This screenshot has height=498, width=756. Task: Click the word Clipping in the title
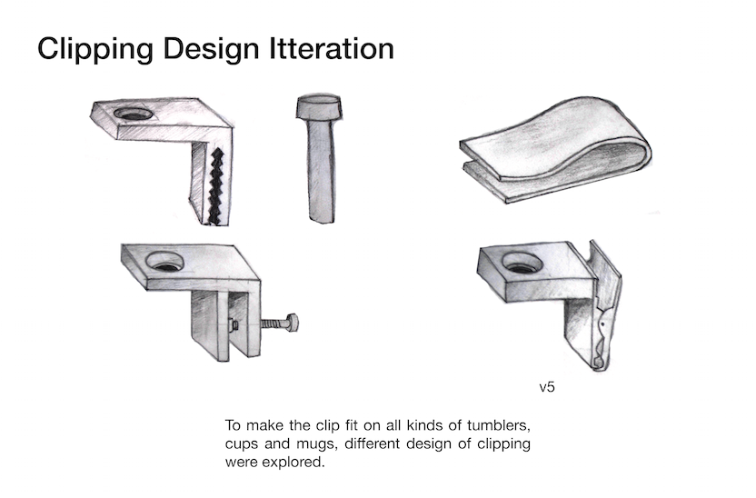[95, 50]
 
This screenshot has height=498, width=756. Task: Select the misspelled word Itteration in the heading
[332, 48]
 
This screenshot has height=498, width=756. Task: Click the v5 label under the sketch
[547, 387]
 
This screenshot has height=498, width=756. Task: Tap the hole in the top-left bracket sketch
[134, 115]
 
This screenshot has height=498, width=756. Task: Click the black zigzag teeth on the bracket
[215, 186]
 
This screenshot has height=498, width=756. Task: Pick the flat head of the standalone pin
[319, 106]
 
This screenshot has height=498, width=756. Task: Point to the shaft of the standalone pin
[321, 171]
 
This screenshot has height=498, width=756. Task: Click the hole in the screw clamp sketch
[164, 262]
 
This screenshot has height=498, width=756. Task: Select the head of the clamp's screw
[292, 323]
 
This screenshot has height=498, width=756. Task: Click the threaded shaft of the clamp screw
[274, 323]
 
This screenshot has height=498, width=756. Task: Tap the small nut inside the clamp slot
[234, 324]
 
